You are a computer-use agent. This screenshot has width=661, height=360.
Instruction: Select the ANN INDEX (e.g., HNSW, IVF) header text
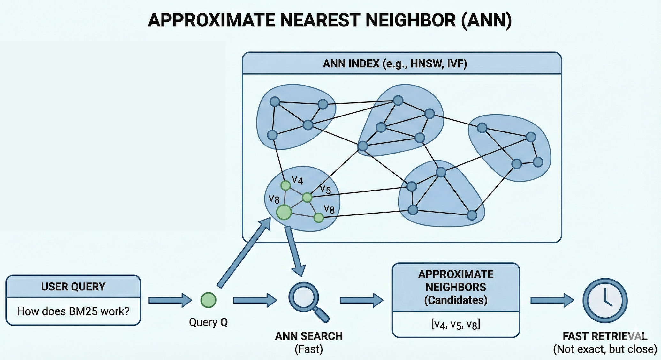[395, 64]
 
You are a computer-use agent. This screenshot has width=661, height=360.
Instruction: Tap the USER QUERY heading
[73, 287]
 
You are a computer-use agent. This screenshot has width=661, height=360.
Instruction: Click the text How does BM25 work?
[73, 311]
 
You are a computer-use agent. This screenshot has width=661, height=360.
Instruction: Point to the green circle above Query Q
[208, 300]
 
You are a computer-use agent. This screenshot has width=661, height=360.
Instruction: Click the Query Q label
[208, 322]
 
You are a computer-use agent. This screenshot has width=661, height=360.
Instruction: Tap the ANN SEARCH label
[308, 336]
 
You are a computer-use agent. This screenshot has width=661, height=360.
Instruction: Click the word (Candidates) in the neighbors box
[456, 300]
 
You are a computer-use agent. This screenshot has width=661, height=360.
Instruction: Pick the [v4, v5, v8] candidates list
[456, 325]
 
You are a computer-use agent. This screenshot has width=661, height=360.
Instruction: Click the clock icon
[605, 300]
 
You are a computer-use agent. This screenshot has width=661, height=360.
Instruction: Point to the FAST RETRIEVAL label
[605, 336]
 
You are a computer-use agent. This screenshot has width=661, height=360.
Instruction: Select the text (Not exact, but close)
[605, 349]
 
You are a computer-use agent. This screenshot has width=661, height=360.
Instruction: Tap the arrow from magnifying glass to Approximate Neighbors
[361, 300]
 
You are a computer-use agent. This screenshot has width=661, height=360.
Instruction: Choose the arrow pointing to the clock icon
[552, 300]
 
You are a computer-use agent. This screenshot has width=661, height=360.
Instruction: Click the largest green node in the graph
[284, 212]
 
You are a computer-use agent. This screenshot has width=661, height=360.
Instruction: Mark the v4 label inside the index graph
[297, 181]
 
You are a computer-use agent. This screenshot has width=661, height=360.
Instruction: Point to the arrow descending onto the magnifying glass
[295, 251]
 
